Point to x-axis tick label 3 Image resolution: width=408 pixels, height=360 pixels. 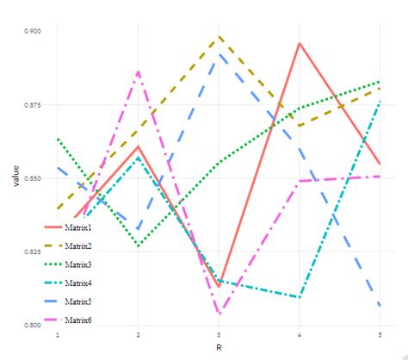pos(219,334)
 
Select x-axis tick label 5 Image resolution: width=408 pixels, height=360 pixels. pos(380,334)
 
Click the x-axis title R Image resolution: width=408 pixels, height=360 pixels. pos(219,347)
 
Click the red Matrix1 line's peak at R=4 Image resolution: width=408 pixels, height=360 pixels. pos(299,43)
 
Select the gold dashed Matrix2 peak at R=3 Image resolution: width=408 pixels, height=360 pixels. pos(219,37)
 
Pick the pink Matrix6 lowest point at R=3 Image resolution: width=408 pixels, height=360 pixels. pos(219,314)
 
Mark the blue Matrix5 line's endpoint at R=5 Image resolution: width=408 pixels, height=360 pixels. pos(380,306)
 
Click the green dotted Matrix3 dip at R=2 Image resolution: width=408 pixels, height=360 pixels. pos(138,246)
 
